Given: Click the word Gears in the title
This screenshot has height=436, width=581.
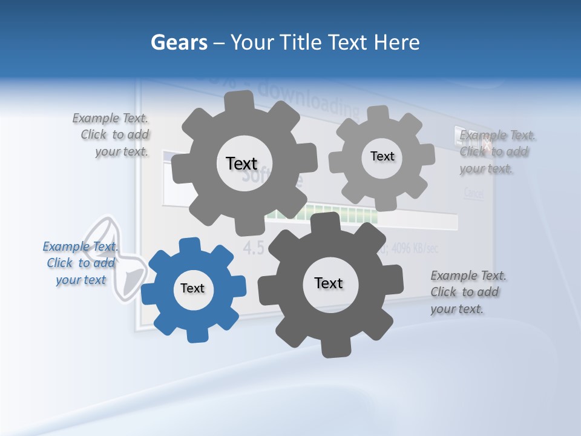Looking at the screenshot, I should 178,42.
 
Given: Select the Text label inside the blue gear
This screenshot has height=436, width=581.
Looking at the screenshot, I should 192,289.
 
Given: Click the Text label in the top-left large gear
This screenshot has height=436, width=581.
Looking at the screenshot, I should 241,163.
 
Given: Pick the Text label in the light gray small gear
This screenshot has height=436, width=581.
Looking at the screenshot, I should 382,156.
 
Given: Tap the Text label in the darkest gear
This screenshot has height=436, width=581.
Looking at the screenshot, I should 329,283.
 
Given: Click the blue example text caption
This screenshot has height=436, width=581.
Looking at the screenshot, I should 81,263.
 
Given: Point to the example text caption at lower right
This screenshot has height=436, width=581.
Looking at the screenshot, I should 467,292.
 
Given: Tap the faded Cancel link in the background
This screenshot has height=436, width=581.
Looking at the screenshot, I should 474,194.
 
